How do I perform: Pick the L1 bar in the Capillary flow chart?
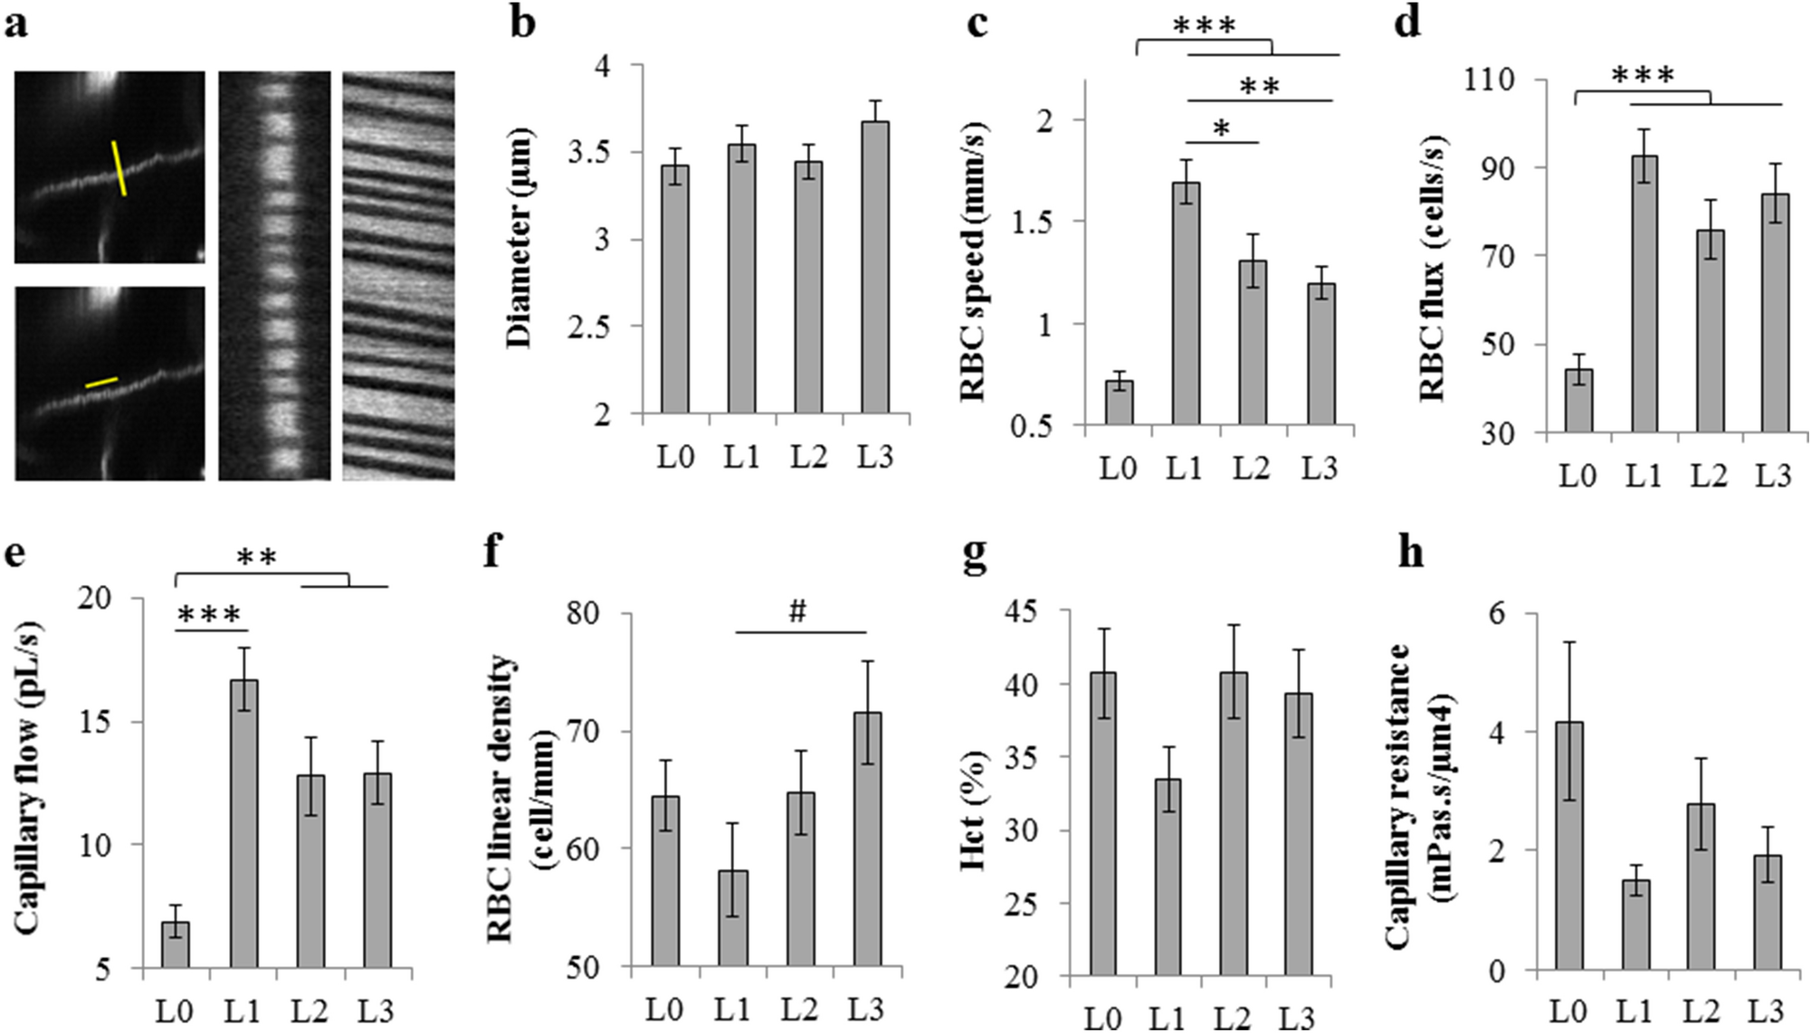click(x=243, y=823)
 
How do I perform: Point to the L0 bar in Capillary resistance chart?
click(x=1568, y=846)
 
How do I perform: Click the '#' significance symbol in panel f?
click(x=797, y=612)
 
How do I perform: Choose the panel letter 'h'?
click(x=1410, y=552)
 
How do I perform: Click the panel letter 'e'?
click(x=15, y=554)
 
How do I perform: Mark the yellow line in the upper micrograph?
click(x=119, y=167)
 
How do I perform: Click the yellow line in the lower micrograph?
click(x=101, y=383)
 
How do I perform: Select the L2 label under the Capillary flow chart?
click(x=310, y=1009)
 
